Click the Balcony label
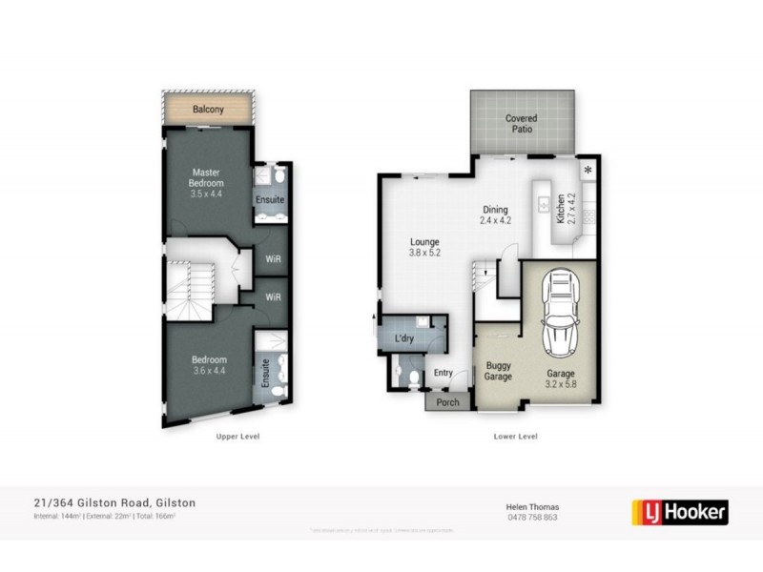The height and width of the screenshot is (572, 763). pos(208,110)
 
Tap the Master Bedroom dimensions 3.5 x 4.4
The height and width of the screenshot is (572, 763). pos(205,194)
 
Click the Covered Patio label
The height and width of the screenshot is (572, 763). pos(521,124)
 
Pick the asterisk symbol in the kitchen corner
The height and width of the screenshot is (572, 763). pos(588,170)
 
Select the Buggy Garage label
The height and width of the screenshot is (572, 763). pos(499,371)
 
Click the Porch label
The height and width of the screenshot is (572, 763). pos(447,402)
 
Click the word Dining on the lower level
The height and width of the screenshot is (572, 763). pos(495,210)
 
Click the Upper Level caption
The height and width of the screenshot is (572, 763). pos(237,436)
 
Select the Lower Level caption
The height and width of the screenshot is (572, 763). pos(516,436)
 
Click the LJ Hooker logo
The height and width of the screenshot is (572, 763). pos(681,511)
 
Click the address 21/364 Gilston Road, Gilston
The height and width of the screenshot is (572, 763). pos(109,501)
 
